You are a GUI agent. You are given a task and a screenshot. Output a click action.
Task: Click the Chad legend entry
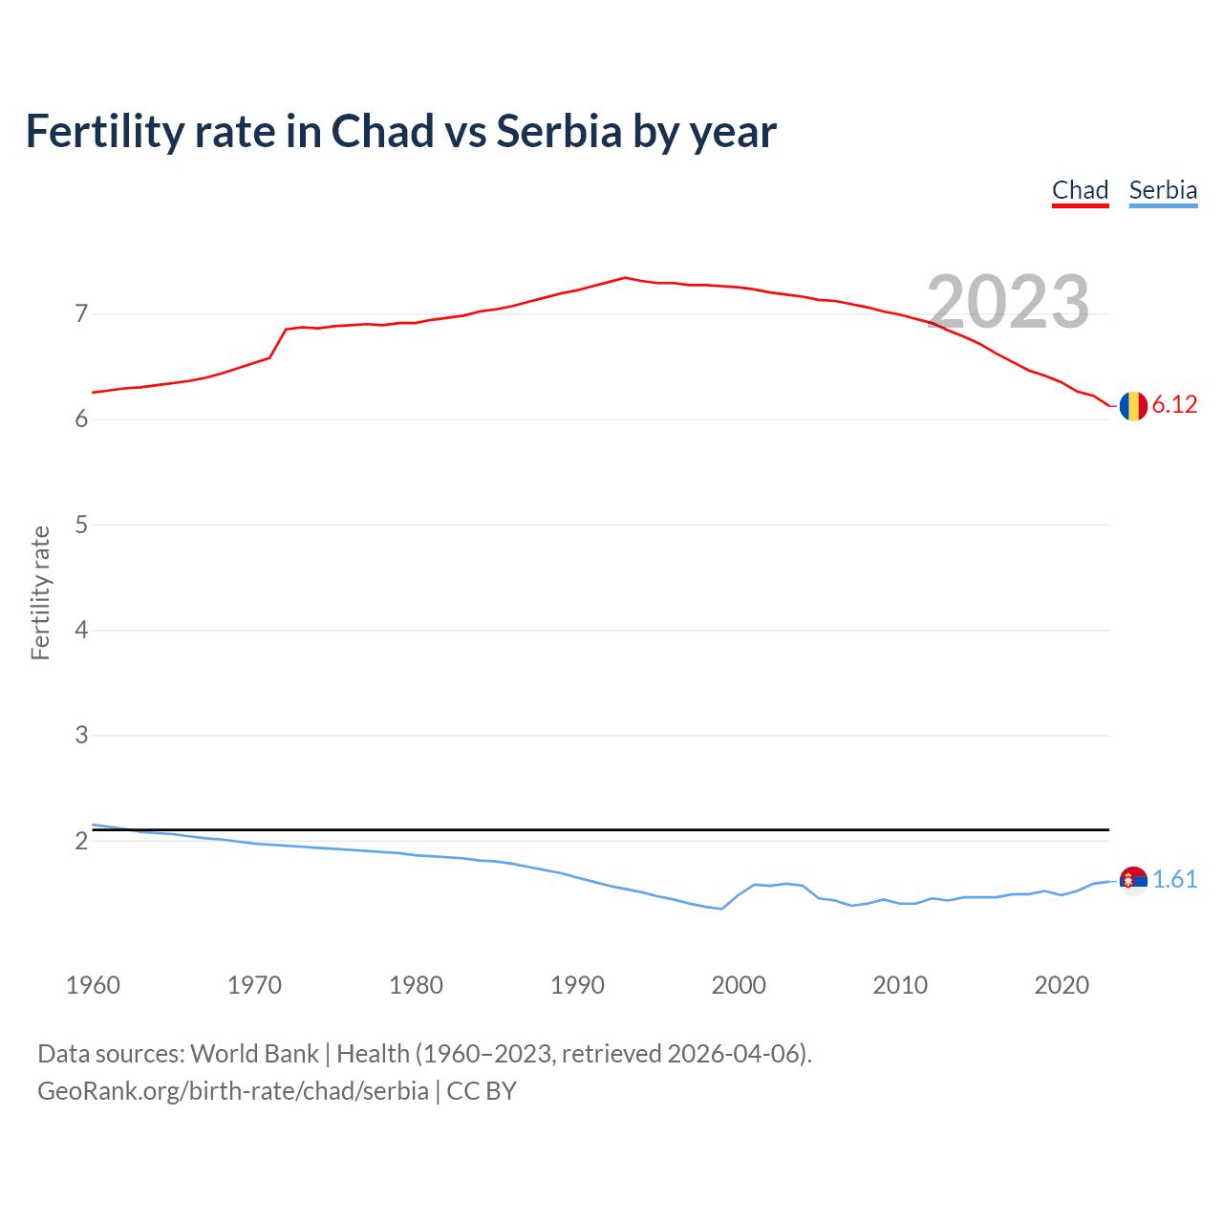point(1080,190)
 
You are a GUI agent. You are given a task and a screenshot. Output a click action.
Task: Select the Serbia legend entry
point(1163,190)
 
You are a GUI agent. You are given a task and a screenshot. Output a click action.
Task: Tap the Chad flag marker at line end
point(1133,406)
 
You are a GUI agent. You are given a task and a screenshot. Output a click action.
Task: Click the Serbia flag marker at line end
point(1133,880)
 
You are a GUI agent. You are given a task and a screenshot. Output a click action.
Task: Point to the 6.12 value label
point(1174,405)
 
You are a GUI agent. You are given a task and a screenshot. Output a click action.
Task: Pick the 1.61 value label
point(1174,880)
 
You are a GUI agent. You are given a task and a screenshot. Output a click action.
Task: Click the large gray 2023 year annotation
point(1008,302)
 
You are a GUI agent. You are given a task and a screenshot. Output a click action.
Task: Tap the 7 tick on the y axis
point(81,313)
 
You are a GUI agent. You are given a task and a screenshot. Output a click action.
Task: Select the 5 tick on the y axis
point(81,525)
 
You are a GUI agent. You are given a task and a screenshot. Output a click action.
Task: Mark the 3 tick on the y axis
point(81,736)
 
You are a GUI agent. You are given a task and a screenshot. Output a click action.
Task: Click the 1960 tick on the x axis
point(93,985)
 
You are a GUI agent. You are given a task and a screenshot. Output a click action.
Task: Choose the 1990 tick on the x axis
point(577,985)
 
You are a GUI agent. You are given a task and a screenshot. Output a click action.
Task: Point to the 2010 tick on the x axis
point(900,985)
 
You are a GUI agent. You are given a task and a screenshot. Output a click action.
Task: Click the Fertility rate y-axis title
point(40,592)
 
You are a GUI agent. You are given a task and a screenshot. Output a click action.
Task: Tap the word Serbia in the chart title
point(559,132)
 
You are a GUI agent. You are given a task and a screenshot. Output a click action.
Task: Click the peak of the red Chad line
point(625,278)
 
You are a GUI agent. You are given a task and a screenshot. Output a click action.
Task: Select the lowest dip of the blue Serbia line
point(721,909)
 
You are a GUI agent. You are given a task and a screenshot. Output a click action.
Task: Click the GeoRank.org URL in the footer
point(233,1091)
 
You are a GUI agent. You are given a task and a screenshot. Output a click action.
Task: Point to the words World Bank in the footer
point(254,1054)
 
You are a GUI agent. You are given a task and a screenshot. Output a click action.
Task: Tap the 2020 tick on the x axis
point(1062,985)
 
